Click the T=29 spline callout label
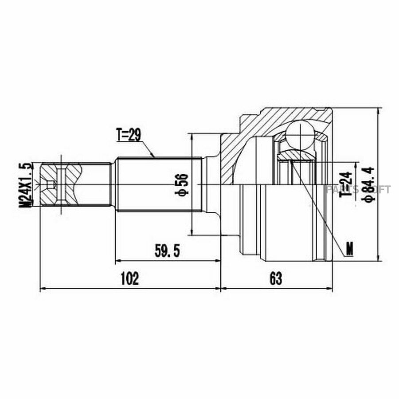click(x=129, y=135)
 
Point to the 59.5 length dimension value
click(x=167, y=250)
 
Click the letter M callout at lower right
click(x=350, y=249)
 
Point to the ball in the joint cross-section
click(x=300, y=135)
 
